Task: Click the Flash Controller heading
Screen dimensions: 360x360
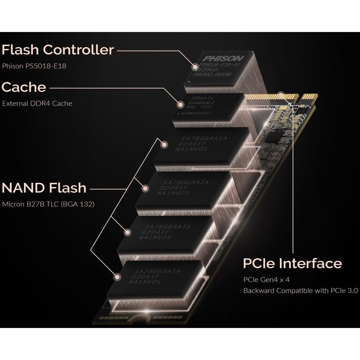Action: click(x=58, y=50)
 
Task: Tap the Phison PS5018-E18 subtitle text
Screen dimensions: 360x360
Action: click(x=34, y=66)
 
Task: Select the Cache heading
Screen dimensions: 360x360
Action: click(x=24, y=87)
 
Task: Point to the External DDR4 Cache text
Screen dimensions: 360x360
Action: click(x=37, y=103)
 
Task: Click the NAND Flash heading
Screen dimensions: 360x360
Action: click(x=44, y=188)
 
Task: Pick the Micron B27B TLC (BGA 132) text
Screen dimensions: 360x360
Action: click(x=48, y=204)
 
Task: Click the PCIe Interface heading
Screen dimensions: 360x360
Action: click(x=292, y=264)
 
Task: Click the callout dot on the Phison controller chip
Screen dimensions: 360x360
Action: click(x=195, y=66)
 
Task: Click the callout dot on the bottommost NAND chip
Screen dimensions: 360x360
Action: click(x=118, y=276)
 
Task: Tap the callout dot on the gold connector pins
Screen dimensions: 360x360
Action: click(x=282, y=95)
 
